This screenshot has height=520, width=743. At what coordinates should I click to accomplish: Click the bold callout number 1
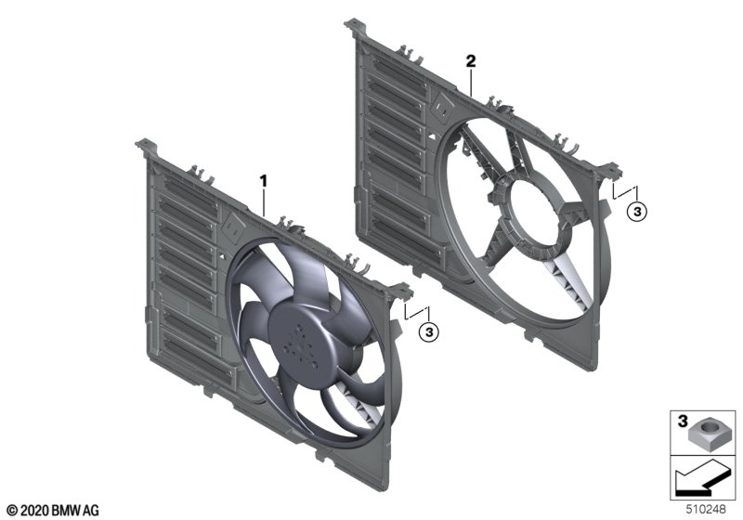click(263, 181)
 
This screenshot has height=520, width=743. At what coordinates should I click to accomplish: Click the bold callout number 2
click(471, 61)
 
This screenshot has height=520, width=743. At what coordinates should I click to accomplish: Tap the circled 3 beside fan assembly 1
click(429, 332)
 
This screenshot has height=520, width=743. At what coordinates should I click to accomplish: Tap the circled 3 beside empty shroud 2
click(637, 211)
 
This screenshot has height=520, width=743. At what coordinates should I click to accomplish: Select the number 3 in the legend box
click(683, 421)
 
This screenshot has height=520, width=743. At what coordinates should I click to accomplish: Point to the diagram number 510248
click(706, 510)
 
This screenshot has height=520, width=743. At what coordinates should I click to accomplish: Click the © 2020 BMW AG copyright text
click(53, 511)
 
